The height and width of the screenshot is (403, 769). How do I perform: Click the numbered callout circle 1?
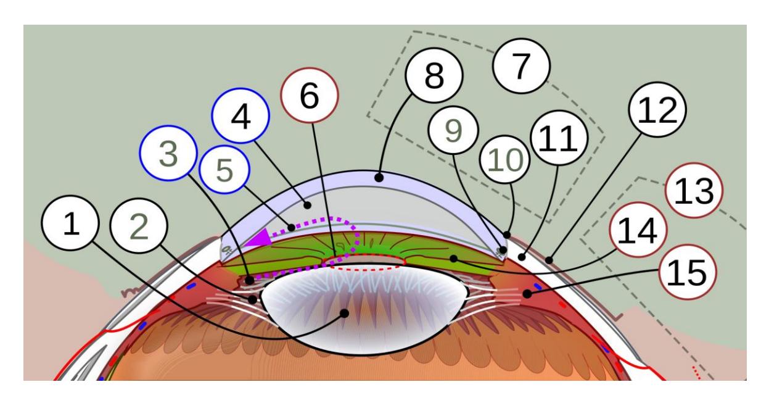pos(70,223)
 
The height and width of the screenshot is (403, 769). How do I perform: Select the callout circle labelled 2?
pos(139,226)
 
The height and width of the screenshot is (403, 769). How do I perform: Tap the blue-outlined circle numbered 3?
pos(168,153)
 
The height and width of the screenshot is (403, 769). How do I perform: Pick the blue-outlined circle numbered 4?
pos(241,116)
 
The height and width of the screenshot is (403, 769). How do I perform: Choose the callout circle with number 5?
pos(224,169)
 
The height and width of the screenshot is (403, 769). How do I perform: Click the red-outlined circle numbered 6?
pos(310,96)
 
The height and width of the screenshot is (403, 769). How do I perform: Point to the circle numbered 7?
pos(521,66)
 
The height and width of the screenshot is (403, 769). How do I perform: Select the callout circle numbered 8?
pos(434,75)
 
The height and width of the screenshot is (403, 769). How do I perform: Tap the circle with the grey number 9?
pos(453,130)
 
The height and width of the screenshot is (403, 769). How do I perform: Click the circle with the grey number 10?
pos(505,160)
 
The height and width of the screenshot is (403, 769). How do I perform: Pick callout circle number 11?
pos(559,138)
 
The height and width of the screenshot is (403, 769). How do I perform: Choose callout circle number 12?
pos(657,110)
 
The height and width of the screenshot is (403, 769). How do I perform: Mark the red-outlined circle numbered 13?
pos(694,191)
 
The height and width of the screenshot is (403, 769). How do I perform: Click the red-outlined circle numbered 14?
pos(638,230)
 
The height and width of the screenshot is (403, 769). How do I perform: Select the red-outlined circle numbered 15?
pos(688,272)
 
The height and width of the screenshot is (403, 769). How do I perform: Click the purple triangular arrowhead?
pos(258,238)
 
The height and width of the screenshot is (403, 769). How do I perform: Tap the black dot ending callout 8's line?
pos(379,178)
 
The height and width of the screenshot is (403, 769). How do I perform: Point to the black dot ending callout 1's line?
pos(344,314)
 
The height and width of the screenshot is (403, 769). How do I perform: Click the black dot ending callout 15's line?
pos(527,294)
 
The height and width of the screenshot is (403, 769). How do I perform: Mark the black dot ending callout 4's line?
pos(307,206)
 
